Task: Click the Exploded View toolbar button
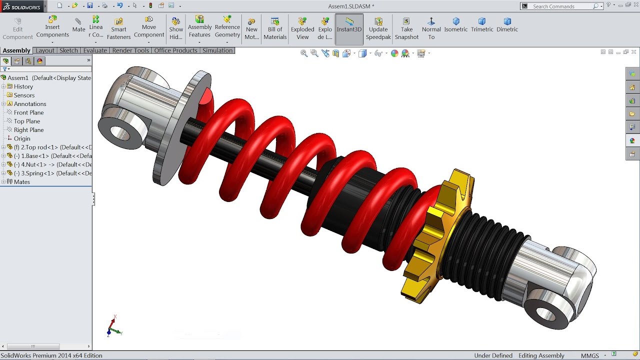(x=302, y=29)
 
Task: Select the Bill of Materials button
(x=275, y=29)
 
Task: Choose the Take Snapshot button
(x=406, y=29)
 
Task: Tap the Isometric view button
(x=456, y=25)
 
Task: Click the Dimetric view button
(x=507, y=25)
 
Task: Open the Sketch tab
(x=68, y=50)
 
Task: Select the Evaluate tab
(x=95, y=50)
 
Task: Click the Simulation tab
(x=217, y=50)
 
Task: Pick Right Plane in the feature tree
(x=28, y=130)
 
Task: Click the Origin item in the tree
(x=22, y=138)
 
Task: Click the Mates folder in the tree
(x=22, y=182)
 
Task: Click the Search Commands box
(x=561, y=6)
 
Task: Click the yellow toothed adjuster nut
(x=440, y=235)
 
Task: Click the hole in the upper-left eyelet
(x=119, y=133)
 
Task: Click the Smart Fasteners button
(x=118, y=29)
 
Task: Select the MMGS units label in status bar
(x=589, y=355)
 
